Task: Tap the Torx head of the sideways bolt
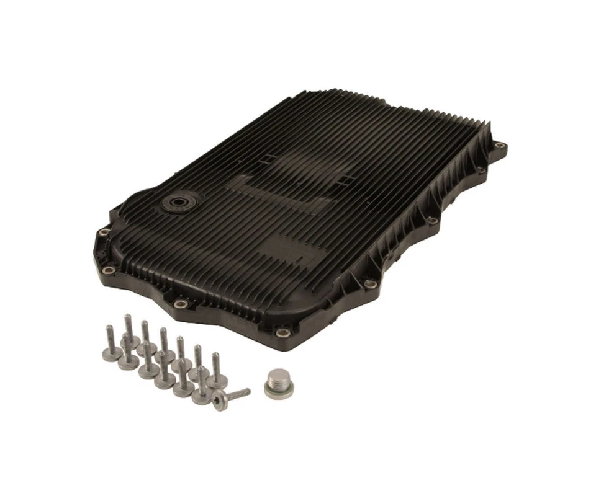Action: (x=219, y=402)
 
